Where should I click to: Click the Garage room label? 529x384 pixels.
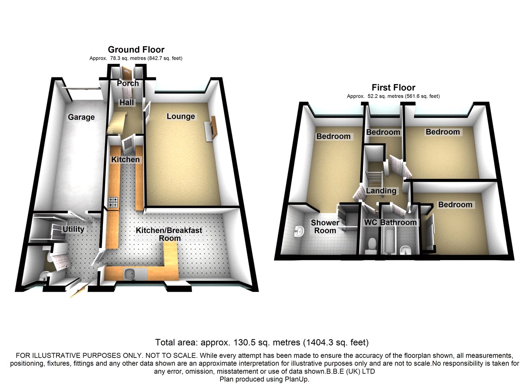[x=81, y=117]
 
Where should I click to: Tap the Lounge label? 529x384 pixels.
[x=181, y=116]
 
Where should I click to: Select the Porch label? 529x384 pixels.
[x=128, y=83]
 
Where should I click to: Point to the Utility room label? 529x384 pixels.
[x=73, y=229]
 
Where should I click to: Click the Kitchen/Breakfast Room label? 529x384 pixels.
[x=169, y=234]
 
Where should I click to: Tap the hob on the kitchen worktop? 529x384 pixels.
[x=113, y=202]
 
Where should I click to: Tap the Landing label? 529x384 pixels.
[x=381, y=191]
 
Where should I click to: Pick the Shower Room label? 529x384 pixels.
[x=325, y=227]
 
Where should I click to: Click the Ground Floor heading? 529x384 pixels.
[x=136, y=50]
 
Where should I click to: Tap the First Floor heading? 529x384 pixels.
[x=394, y=87]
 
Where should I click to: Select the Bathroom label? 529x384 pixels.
[x=399, y=222]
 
